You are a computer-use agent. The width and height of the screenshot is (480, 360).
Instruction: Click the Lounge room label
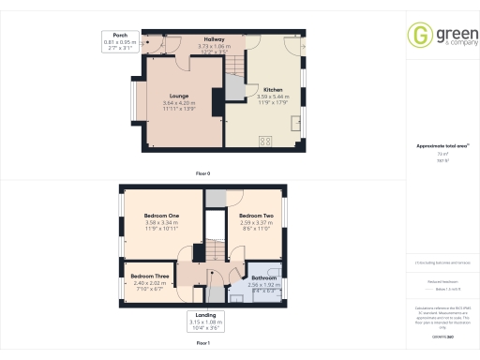click(179, 96)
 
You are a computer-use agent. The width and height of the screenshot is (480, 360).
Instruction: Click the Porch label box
click(121, 38)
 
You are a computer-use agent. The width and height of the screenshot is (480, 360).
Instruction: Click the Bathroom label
click(262, 278)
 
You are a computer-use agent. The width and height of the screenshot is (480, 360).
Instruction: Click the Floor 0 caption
click(202, 174)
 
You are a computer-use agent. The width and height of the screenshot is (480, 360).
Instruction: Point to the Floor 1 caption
click(202, 345)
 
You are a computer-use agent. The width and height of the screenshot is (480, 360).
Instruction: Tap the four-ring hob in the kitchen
click(264, 142)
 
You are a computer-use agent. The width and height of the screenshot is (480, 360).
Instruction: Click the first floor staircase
click(215, 250)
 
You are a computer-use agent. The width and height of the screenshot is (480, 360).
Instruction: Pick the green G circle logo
click(419, 35)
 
